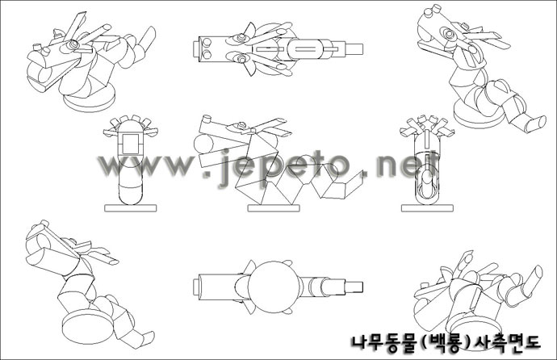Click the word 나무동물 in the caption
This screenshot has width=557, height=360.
pyautogui.click(x=384, y=343)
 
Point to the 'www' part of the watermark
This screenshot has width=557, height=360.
pyautogui.click(x=145, y=165)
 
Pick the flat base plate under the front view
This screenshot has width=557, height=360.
pyautogui.click(x=130, y=208)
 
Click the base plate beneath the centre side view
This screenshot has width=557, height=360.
pyautogui.click(x=274, y=208)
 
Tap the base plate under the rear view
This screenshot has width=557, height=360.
pyautogui.click(x=427, y=208)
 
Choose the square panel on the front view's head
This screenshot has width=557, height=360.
pyautogui.click(x=131, y=144)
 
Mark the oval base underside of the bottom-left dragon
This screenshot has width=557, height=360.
pyautogui.click(x=88, y=326)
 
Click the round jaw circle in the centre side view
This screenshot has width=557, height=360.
pyautogui.click(x=203, y=144)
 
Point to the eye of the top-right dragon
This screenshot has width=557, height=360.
pyautogui.click(x=448, y=34)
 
